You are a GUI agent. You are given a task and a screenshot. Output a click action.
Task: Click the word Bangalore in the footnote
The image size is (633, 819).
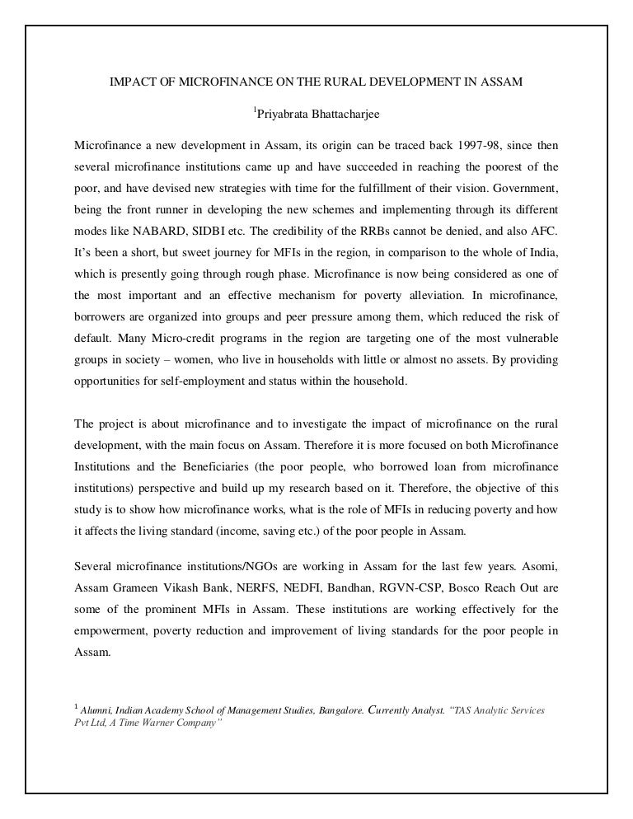coord(334,709)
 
